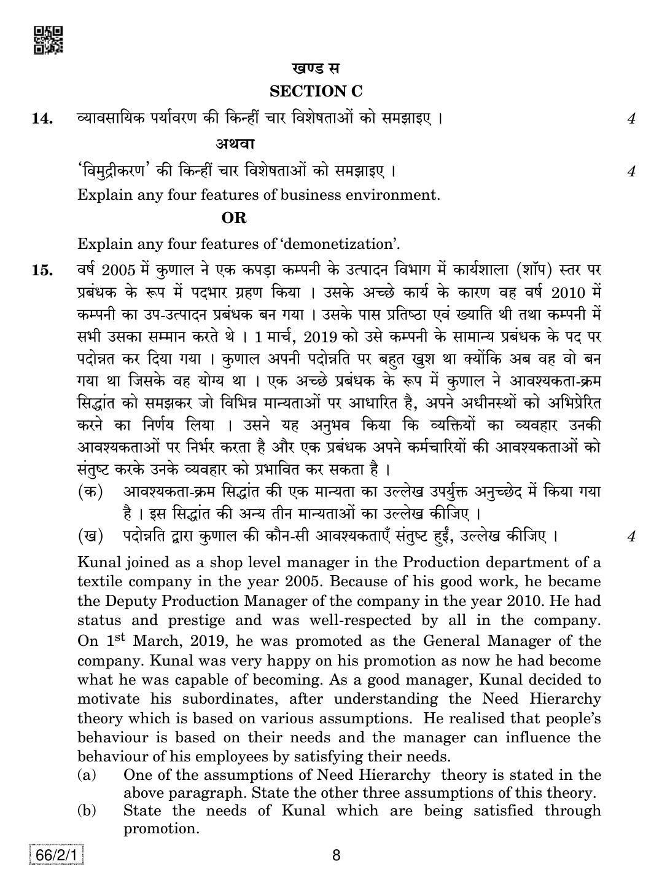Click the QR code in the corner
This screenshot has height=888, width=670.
(48, 39)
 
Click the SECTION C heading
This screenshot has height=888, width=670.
(316, 92)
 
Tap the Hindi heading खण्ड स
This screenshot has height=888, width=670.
(316, 68)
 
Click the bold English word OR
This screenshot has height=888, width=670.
(234, 218)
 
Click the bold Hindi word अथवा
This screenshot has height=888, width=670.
(235, 144)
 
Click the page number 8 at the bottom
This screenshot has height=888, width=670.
(335, 855)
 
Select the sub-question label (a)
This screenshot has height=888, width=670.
(87, 775)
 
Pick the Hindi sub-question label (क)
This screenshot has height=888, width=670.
(90, 492)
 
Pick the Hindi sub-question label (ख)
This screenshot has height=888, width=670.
(90, 536)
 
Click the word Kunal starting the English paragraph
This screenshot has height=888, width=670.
(98, 562)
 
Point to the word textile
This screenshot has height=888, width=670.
(99, 581)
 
